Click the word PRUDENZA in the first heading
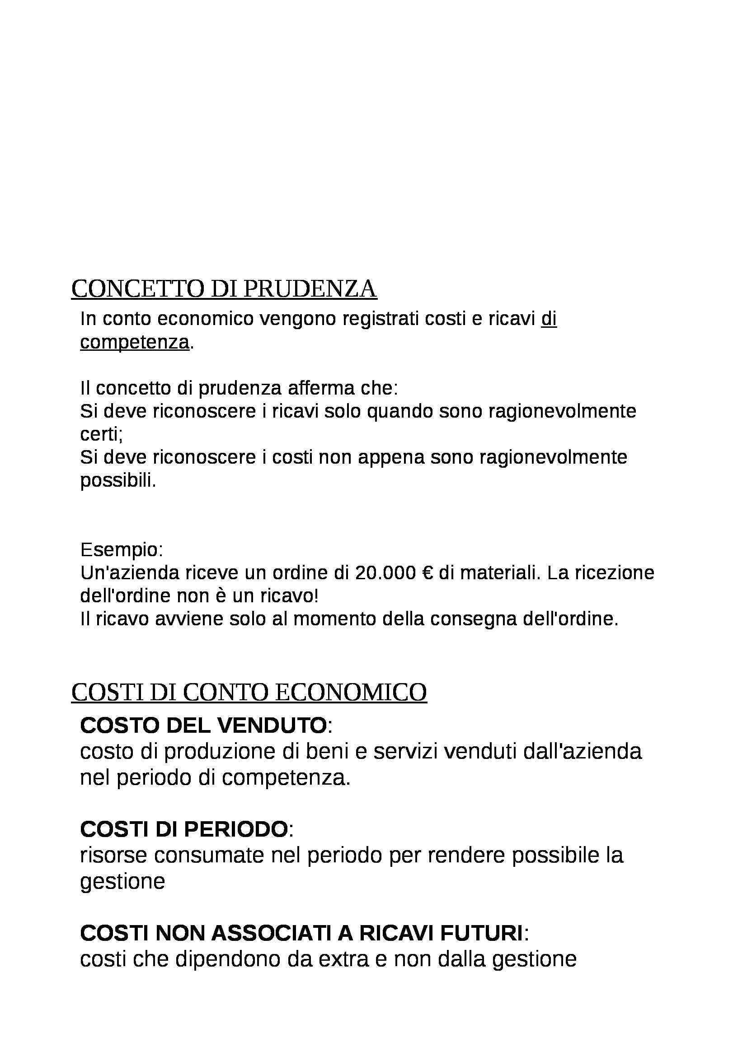click(x=309, y=289)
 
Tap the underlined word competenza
click(x=134, y=342)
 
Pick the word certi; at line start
click(x=101, y=434)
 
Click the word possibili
click(x=118, y=481)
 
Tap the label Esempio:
click(x=122, y=549)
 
